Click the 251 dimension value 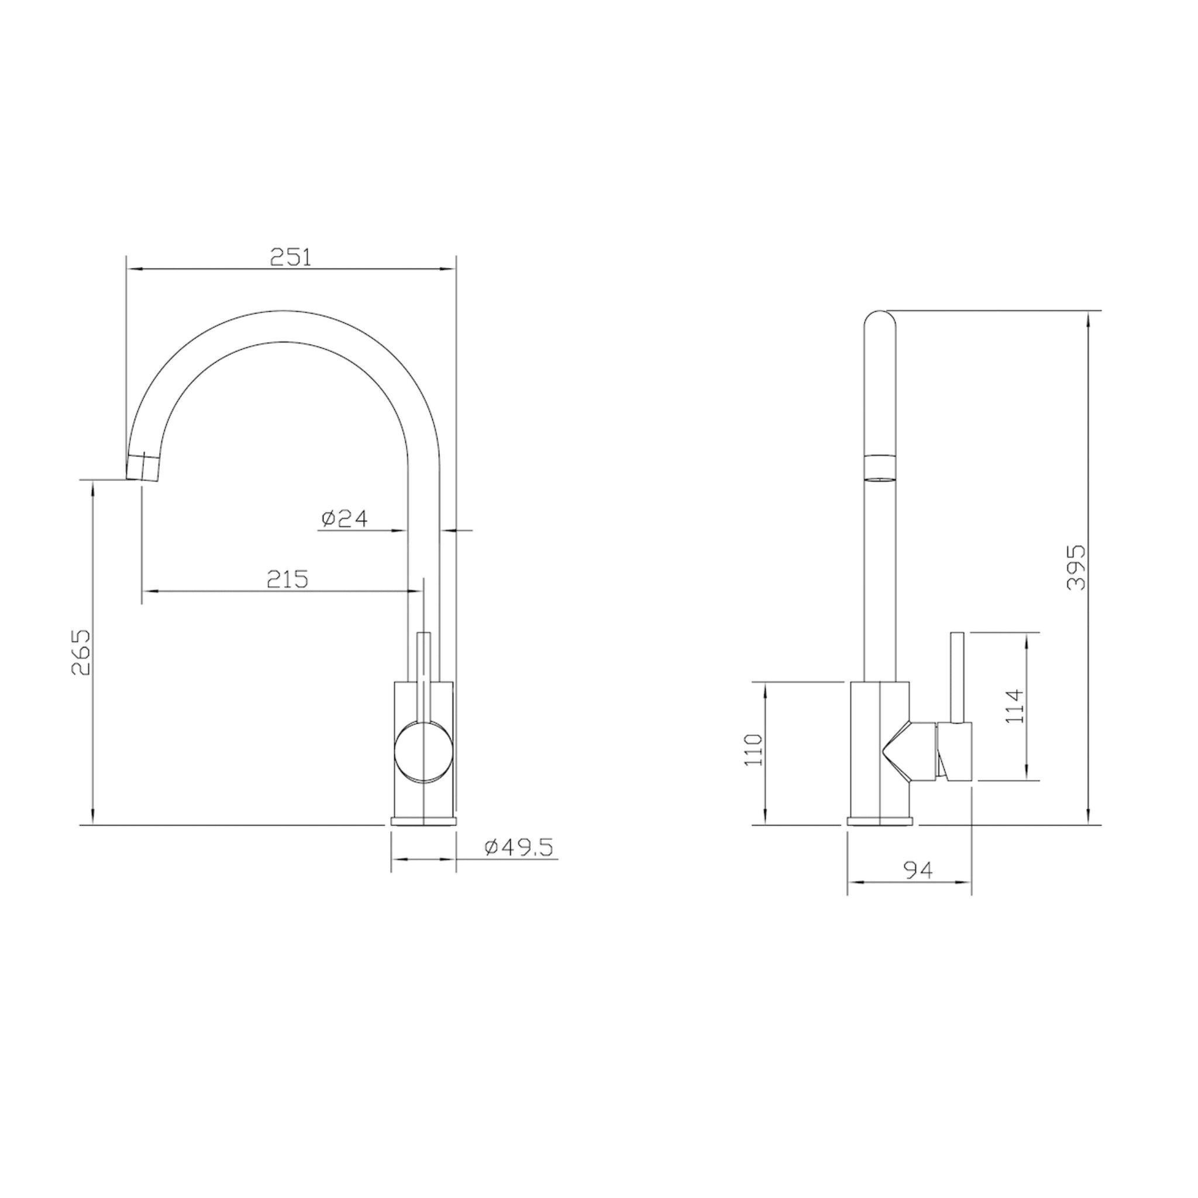[291, 257]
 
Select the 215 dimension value [287, 579]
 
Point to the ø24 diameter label [345, 518]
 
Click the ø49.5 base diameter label [518, 847]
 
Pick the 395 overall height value [1076, 567]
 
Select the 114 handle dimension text [1014, 705]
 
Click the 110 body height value [754, 750]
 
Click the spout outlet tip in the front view [144, 467]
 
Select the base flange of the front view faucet [424, 822]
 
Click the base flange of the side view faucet [880, 822]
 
